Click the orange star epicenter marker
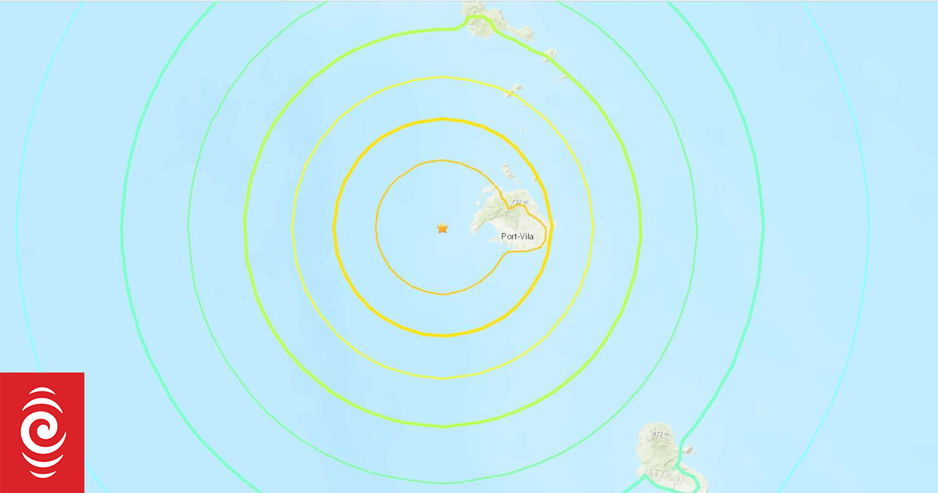click(442, 229)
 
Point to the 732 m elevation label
click(520, 202)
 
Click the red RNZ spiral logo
click(42, 433)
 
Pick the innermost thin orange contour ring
click(377, 227)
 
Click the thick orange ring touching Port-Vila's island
click(335, 227)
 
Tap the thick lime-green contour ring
click(245, 227)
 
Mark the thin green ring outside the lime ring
click(188, 227)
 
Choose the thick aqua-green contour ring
click(122, 227)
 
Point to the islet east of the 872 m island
click(687, 450)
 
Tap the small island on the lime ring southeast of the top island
click(551, 54)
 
